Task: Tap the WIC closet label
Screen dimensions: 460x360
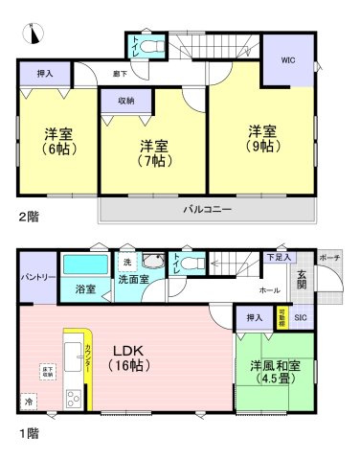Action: tap(287, 59)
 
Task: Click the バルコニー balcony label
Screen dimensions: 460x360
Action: tap(207, 210)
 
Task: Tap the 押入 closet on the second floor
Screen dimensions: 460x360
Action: tap(46, 72)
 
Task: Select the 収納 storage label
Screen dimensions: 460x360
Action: tap(127, 100)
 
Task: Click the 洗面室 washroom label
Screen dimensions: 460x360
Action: tap(133, 279)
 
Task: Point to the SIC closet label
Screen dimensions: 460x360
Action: tap(300, 317)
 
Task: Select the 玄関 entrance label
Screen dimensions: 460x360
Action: tap(303, 279)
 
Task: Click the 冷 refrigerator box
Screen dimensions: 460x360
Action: tap(28, 402)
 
